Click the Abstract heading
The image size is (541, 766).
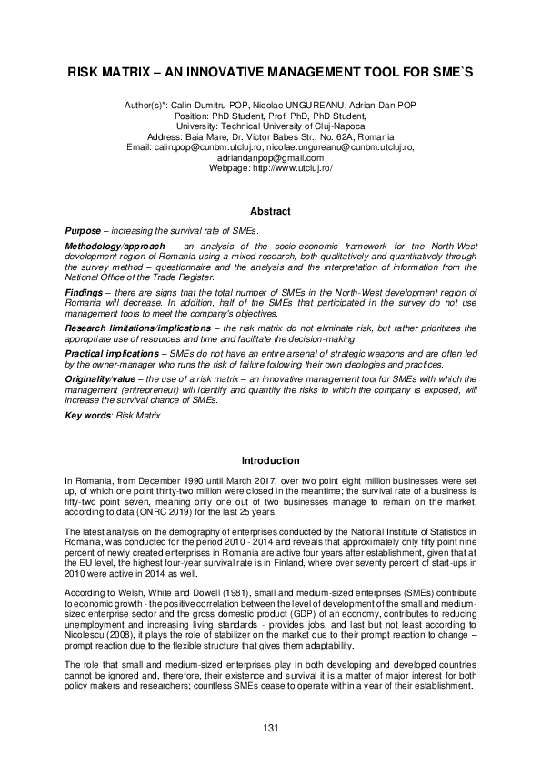click(270, 211)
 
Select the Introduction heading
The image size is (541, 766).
click(270, 460)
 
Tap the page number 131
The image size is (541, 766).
click(270, 727)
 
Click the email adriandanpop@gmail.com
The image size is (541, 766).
click(270, 157)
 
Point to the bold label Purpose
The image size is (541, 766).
click(83, 231)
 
